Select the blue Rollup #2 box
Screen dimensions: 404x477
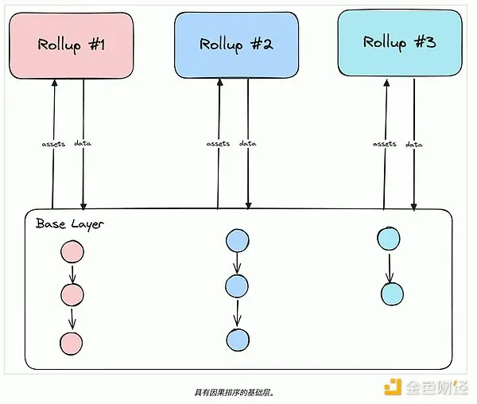(236, 45)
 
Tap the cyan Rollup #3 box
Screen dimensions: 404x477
(399, 42)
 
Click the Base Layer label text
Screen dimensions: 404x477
(70, 223)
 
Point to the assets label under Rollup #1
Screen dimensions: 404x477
(52, 144)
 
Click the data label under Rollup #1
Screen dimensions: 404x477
(82, 144)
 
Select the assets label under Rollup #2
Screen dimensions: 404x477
(218, 144)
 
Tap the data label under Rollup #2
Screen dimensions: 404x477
(247, 144)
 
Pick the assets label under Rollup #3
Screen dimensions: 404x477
(385, 144)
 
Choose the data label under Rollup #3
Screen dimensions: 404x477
(413, 144)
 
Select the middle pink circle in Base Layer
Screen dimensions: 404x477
(72, 296)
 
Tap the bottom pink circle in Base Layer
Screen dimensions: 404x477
(72, 343)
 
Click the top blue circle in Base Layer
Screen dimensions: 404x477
(237, 241)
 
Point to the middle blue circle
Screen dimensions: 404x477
(237, 285)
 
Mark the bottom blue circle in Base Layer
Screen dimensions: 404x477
(237, 339)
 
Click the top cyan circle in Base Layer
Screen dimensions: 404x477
(389, 238)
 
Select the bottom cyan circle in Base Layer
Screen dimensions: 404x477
(392, 293)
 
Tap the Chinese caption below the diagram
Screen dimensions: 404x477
(238, 392)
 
